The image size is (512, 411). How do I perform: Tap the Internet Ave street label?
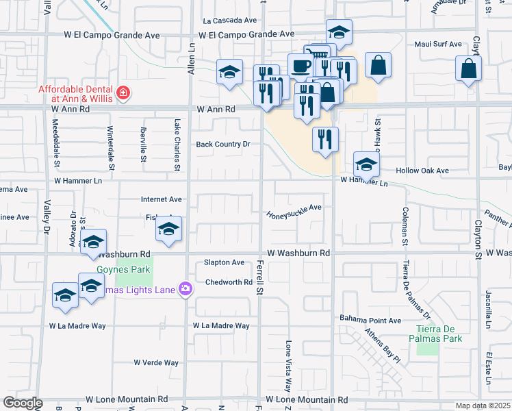point(162,199)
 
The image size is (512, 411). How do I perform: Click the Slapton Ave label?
point(224,262)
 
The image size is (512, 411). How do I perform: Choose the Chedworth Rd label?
point(229,282)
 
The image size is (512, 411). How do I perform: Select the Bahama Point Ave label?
point(370,320)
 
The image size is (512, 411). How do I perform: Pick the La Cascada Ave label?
point(229,21)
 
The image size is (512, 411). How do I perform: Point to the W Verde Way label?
point(156,362)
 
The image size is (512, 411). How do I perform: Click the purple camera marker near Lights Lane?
point(184,290)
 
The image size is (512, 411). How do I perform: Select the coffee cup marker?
point(300,66)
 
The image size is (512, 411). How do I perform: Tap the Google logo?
point(23,403)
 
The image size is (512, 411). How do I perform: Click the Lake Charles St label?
point(177,145)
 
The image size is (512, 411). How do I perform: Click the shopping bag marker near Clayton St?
point(468,68)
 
